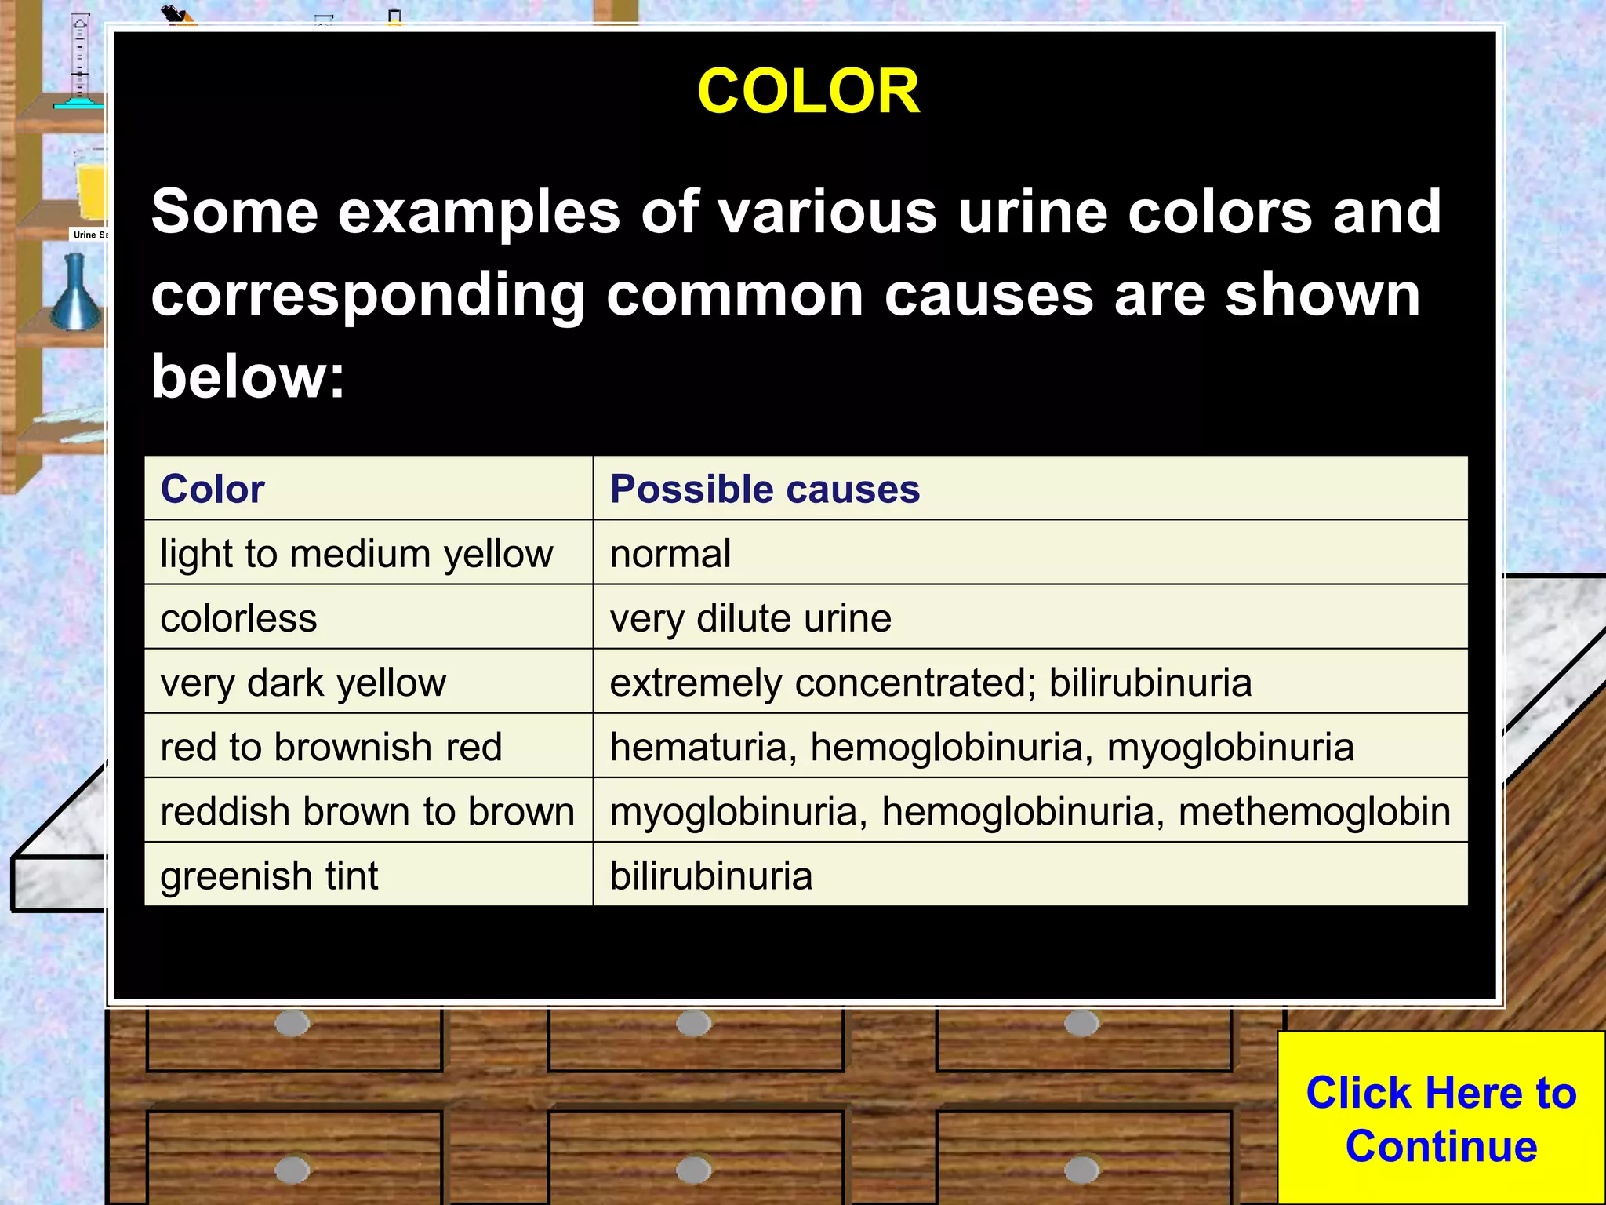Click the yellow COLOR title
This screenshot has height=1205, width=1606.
coord(808,91)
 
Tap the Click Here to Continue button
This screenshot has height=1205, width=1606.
coord(1441,1119)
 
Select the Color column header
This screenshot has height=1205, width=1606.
coord(213,489)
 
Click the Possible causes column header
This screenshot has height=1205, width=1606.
coord(765,489)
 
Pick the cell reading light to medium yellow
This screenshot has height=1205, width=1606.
coord(357,554)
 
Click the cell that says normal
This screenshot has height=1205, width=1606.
coord(670,554)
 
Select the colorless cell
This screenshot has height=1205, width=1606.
coord(239,618)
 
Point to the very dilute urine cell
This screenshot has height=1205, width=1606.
coord(750,618)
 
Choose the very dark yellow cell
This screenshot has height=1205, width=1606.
coord(303,683)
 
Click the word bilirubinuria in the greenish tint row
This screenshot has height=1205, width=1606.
coord(711,876)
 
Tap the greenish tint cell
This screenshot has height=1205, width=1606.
coord(269,876)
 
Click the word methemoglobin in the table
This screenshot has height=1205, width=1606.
coord(1314,811)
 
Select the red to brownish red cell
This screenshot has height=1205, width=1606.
coord(331,747)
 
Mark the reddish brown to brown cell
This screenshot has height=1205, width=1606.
coord(367,811)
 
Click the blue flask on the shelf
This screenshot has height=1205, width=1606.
coord(76,294)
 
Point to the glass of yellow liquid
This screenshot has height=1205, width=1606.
coord(91,184)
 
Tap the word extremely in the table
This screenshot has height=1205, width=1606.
coord(696,683)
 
